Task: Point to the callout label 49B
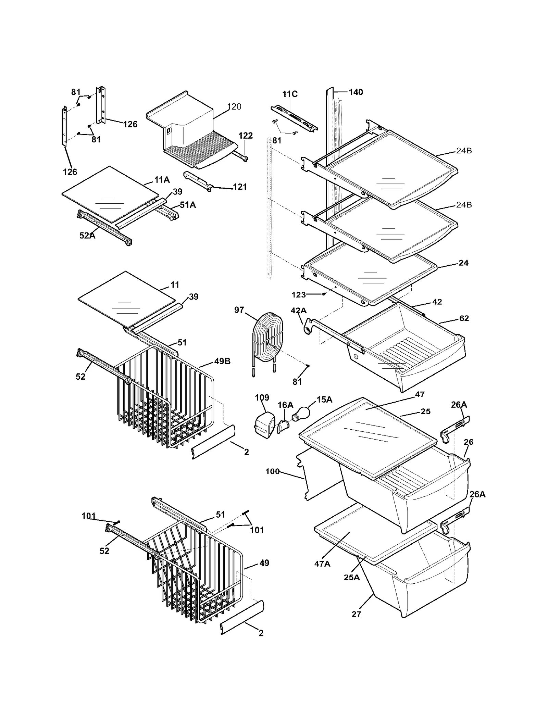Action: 222,361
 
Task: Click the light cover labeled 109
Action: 265,425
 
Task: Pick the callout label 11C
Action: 290,94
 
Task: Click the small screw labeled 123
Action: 323,294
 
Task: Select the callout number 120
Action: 234,107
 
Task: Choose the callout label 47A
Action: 322,564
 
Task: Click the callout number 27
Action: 356,614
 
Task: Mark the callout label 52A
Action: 87,236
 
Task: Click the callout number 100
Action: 273,471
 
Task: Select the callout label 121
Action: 240,187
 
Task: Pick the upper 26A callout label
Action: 459,405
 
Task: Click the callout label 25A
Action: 352,577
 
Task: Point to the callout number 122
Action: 246,136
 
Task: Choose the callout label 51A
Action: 188,205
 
